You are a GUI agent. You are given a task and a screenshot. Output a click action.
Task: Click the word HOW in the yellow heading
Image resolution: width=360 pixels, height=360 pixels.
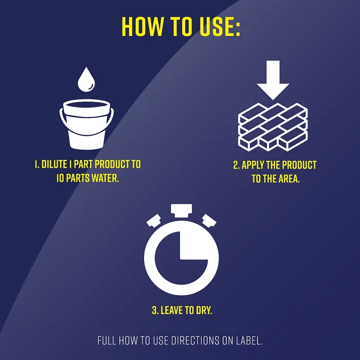point(143,27)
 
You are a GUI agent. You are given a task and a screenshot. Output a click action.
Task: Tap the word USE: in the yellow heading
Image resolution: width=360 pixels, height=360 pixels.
point(220,27)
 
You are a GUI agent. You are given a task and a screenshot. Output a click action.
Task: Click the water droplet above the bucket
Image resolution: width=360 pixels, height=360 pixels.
point(86,79)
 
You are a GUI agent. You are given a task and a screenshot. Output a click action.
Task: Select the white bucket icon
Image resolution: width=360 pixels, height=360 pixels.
point(86,124)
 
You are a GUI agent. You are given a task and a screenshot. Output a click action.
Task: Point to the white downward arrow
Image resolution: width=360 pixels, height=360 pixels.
point(273,80)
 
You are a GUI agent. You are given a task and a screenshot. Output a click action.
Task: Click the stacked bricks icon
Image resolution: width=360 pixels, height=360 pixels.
point(273,127)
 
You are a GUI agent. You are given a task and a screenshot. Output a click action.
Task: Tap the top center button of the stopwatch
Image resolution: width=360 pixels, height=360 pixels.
point(182,210)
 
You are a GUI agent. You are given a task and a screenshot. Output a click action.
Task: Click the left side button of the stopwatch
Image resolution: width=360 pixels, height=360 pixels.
point(154,221)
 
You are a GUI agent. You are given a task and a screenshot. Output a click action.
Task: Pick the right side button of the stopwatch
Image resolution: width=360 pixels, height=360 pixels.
point(209,221)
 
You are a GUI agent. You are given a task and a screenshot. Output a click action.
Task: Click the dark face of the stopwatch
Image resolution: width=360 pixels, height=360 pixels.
point(182,258)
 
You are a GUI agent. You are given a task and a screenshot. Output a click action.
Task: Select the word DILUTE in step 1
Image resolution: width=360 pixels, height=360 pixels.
point(54,165)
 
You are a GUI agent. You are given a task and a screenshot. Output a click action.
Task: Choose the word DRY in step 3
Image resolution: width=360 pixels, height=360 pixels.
point(204,310)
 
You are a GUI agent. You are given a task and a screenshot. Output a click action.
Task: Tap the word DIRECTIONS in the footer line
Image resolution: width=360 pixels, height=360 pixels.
point(195,340)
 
